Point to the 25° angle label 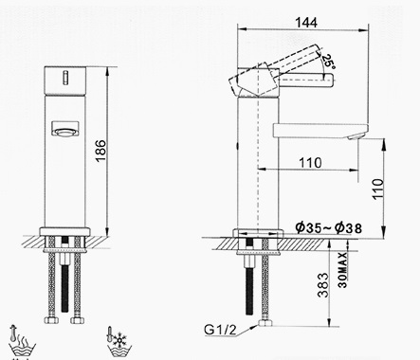click(x=329, y=62)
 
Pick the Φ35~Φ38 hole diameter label click(x=327, y=227)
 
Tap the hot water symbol click(x=19, y=338)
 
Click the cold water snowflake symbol click(x=119, y=338)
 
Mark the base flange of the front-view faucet click(x=64, y=232)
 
